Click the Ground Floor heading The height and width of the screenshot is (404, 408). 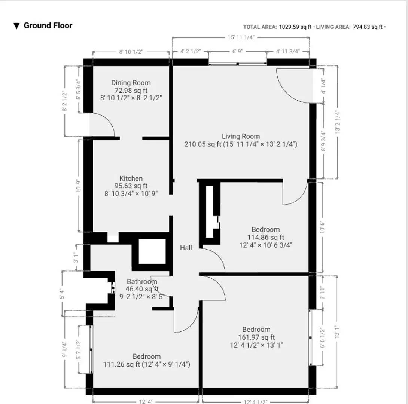(x=48, y=25)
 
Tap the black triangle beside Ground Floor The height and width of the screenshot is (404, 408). (x=16, y=26)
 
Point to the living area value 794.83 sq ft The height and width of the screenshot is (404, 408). (x=368, y=27)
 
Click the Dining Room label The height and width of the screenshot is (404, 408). (x=131, y=83)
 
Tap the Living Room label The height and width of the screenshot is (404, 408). (x=241, y=136)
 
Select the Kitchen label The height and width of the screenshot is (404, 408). (x=131, y=178)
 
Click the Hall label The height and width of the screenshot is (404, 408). (x=186, y=248)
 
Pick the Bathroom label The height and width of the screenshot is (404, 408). (x=142, y=282)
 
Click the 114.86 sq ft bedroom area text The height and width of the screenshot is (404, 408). (x=266, y=237)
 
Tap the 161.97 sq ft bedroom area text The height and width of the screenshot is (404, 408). (x=256, y=337)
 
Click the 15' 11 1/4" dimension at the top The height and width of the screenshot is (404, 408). (x=241, y=37)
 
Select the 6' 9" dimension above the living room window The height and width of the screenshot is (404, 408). (x=238, y=52)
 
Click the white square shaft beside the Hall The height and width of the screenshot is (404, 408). (x=152, y=251)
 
